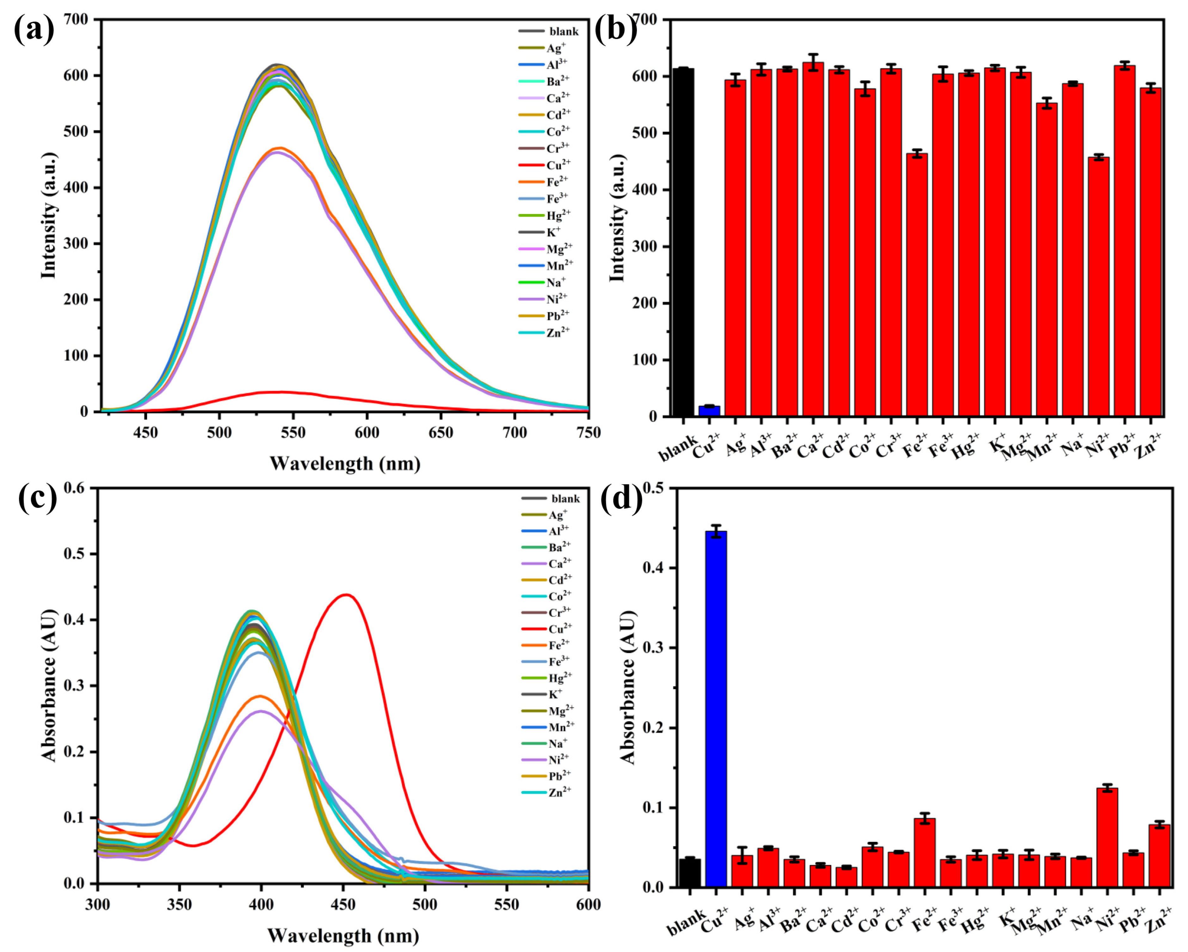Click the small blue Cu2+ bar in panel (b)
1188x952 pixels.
[709, 411]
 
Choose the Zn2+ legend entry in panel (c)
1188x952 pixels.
[559, 792]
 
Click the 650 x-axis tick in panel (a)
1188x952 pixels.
[440, 433]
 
